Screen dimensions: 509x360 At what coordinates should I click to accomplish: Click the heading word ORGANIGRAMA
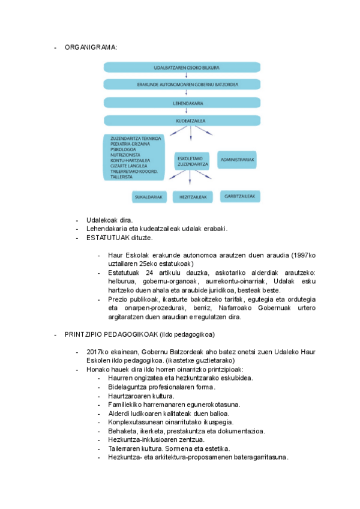click(x=91, y=47)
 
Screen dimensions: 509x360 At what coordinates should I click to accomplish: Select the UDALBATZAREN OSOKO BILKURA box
click(x=182, y=68)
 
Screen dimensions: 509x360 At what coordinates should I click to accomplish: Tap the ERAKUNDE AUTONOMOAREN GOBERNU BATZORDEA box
click(x=182, y=85)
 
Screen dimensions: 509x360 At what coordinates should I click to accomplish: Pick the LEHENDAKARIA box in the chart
click(x=182, y=103)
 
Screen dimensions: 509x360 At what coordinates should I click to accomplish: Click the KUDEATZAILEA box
click(x=182, y=121)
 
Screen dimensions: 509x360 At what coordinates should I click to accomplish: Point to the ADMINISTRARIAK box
click(x=238, y=160)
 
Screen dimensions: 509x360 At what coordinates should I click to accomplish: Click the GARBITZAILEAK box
click(x=240, y=196)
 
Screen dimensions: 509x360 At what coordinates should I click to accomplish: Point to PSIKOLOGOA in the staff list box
click(x=124, y=149)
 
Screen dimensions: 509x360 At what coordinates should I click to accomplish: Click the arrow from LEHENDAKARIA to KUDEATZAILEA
click(x=182, y=112)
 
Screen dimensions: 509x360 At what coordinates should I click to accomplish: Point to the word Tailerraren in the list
click(x=125, y=448)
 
